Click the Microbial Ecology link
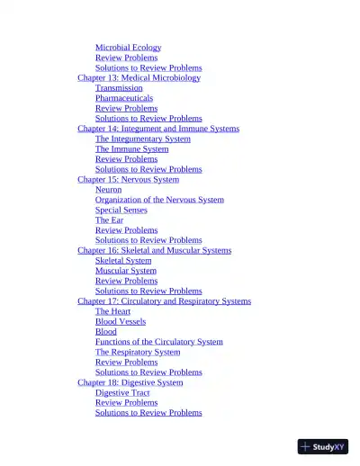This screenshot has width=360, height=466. [128, 48]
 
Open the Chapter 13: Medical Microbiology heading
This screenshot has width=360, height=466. [139, 78]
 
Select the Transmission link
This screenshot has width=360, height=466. [119, 88]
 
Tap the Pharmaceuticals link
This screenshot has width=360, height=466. [124, 98]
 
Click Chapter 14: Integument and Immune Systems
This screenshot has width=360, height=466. [158, 129]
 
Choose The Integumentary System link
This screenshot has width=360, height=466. [143, 139]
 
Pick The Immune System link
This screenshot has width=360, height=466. [131, 149]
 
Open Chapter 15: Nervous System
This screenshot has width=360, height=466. [128, 179]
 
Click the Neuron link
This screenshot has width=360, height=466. [108, 190]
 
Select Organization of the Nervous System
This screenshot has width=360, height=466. [159, 200]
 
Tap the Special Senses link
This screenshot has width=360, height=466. [121, 210]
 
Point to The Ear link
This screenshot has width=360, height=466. [109, 220]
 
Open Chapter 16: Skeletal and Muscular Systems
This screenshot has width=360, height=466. [154, 250]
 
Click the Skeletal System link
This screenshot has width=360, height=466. [123, 261]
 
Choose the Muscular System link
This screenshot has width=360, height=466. [125, 271]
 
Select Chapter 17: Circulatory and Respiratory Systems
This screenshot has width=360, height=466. [164, 301]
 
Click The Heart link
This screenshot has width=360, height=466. [112, 311]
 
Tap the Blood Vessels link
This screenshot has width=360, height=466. [121, 321]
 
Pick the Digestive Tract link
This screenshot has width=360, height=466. [122, 392]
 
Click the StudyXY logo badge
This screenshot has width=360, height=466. [323, 446]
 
